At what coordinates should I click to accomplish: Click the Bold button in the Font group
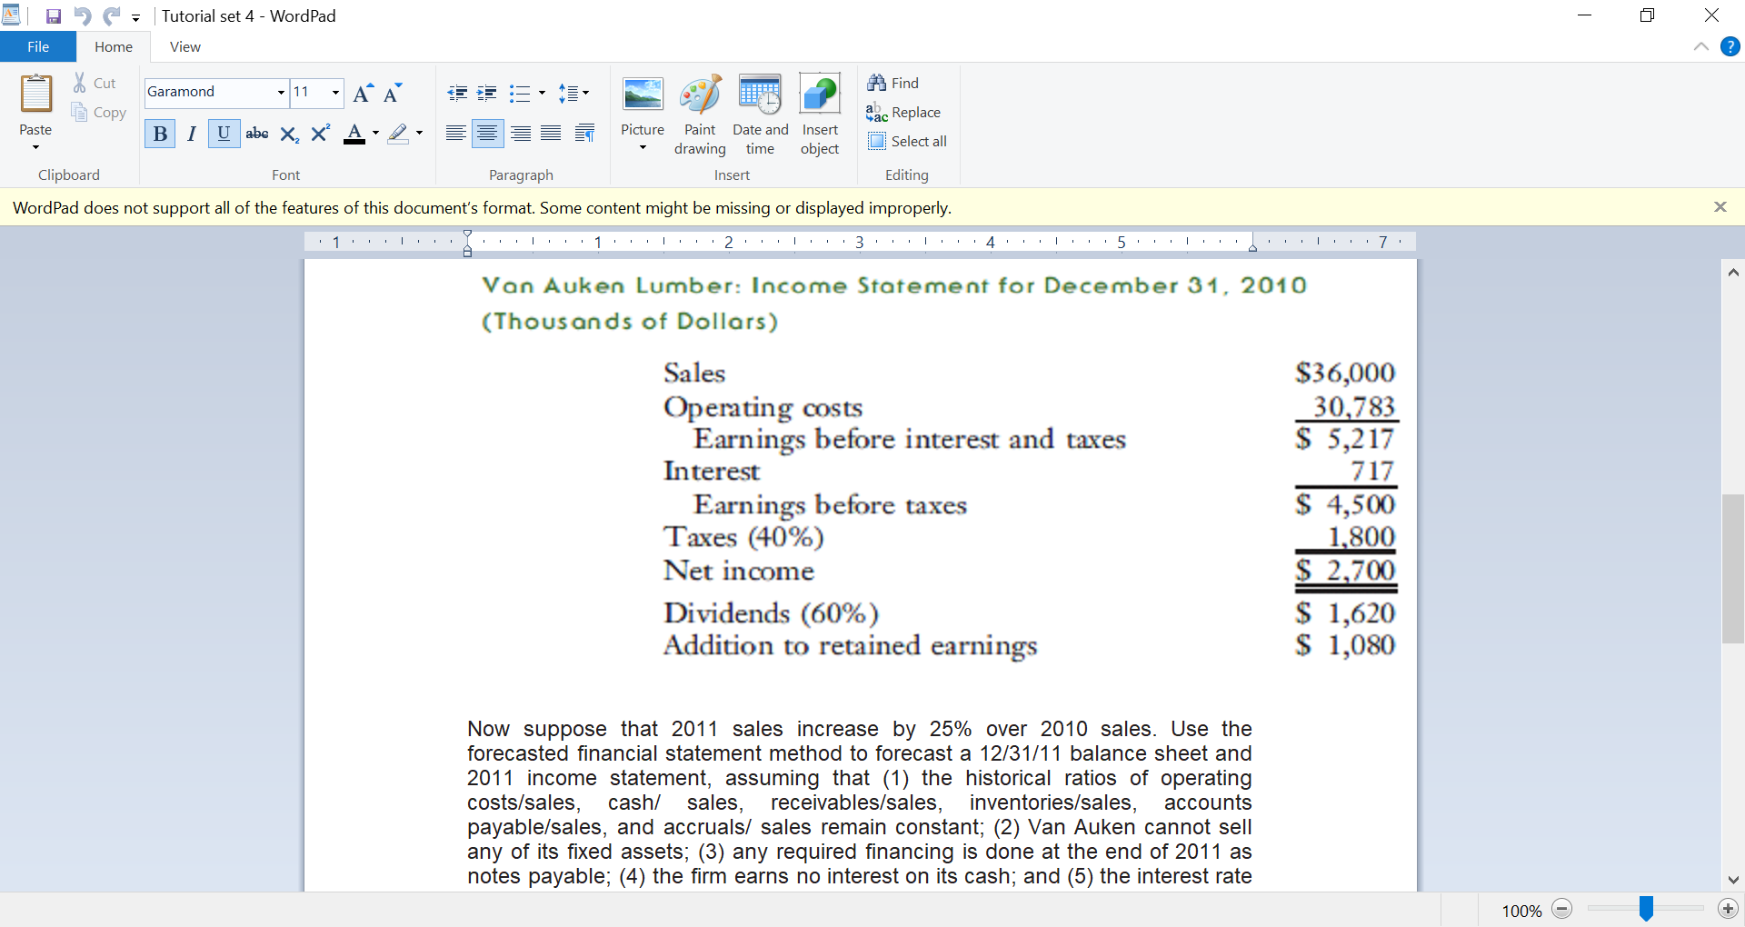[x=160, y=135]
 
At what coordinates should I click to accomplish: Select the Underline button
[x=224, y=134]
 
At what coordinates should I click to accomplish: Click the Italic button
[x=191, y=135]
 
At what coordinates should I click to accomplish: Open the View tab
[x=184, y=47]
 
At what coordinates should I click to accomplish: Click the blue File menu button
[x=38, y=47]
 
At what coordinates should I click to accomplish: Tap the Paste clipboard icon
[x=36, y=95]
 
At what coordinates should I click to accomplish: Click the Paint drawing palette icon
[x=700, y=95]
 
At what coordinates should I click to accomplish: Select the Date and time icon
[x=760, y=95]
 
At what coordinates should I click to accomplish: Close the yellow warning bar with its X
[x=1720, y=207]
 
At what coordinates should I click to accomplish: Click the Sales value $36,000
[x=1345, y=373]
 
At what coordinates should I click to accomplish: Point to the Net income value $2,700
[x=1347, y=571]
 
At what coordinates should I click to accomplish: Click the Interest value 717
[x=1371, y=472]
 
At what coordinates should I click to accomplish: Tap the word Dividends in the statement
[x=726, y=613]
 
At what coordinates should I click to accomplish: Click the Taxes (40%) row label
[x=743, y=537]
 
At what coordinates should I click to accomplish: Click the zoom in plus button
[x=1728, y=909]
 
